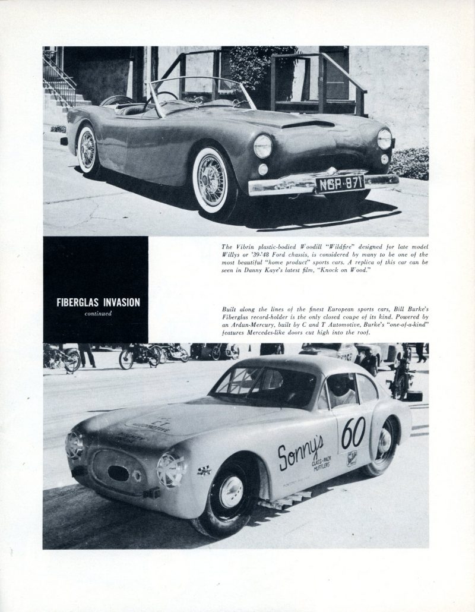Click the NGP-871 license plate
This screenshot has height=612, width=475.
pos(340,182)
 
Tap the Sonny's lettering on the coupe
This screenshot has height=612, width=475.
pos(301,451)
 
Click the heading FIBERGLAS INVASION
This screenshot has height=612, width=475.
pos(95,302)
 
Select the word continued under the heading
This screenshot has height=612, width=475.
pos(95,314)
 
